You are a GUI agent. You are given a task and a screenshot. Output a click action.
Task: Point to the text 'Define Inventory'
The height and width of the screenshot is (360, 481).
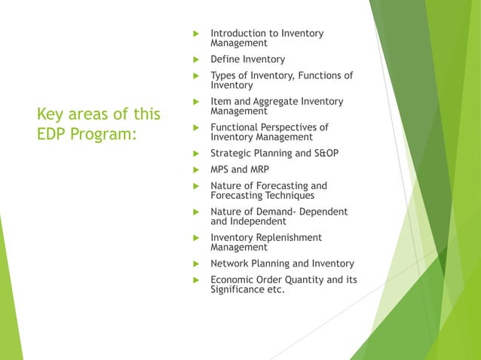tap(247, 59)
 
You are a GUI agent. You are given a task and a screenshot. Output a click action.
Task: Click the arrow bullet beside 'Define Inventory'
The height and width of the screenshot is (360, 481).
tap(195, 59)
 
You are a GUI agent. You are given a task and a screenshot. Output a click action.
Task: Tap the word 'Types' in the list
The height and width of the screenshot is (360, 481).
tap(225, 75)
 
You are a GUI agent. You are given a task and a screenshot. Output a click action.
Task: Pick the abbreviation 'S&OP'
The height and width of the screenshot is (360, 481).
tap(322, 154)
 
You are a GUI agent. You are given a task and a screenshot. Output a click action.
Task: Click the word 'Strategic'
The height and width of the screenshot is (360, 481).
tap(234, 154)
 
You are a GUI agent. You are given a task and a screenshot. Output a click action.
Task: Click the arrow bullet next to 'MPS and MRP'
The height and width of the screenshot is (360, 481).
tap(195, 169)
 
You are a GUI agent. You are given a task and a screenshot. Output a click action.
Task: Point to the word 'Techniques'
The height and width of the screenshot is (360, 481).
tap(288, 195)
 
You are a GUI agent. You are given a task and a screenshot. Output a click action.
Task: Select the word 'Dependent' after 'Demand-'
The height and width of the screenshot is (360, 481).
tap(322, 212)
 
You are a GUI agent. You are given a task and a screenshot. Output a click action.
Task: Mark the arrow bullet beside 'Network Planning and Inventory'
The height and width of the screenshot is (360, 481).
tap(195, 264)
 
